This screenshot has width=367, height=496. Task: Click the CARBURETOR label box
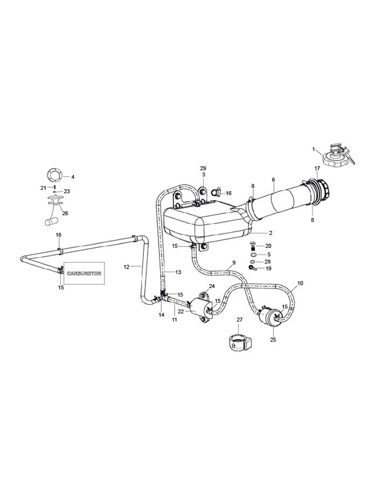tap(84, 273)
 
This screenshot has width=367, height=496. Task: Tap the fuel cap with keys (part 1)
tap(337, 155)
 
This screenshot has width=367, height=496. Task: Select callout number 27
tap(239, 320)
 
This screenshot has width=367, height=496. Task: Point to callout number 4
tap(73, 177)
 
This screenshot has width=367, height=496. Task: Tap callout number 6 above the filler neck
tap(273, 180)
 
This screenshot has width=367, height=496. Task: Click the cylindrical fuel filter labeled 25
tap(271, 316)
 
